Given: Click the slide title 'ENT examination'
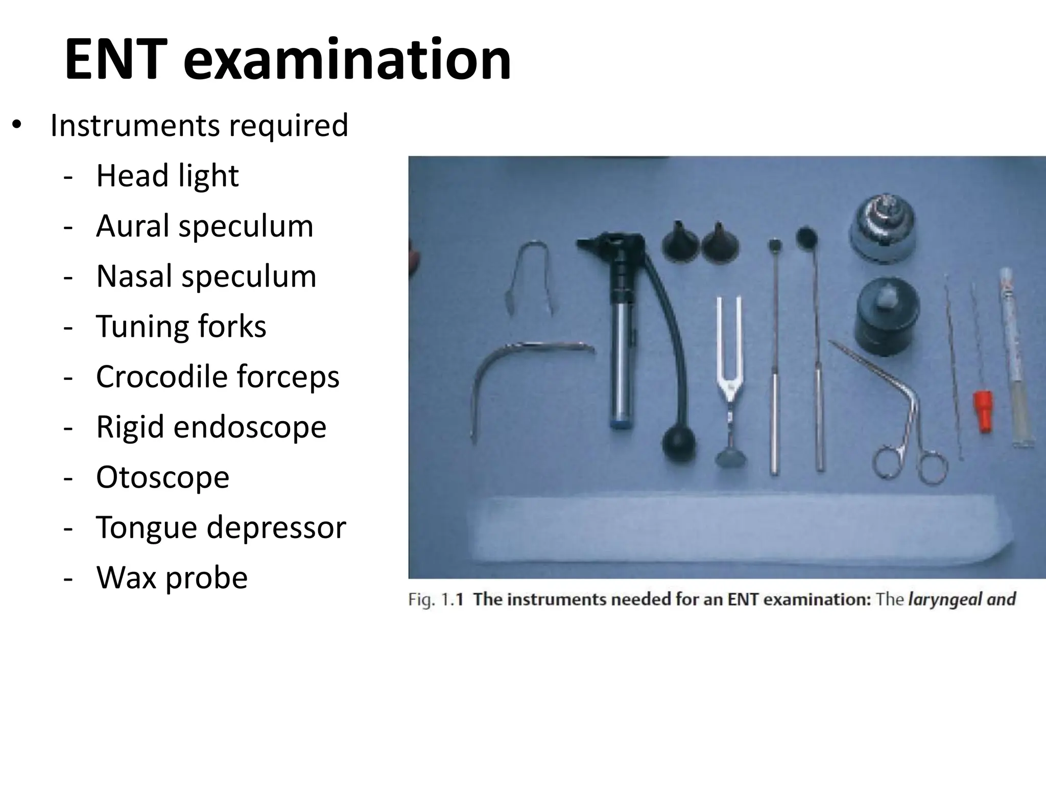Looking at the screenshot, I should point(288,60).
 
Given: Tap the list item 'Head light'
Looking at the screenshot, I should point(167,176).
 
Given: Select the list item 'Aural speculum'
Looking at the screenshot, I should point(204,226).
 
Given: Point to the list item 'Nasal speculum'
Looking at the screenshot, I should point(206,276).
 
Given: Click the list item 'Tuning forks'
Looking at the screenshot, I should point(181,326).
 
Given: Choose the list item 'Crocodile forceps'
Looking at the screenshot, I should point(218,377).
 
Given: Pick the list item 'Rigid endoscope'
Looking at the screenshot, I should point(211,427).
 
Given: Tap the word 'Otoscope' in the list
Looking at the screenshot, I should point(162,477).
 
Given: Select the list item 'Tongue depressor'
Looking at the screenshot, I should point(221,527).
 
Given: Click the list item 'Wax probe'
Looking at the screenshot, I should point(172,578).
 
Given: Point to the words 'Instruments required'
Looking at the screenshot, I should point(199,125).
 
